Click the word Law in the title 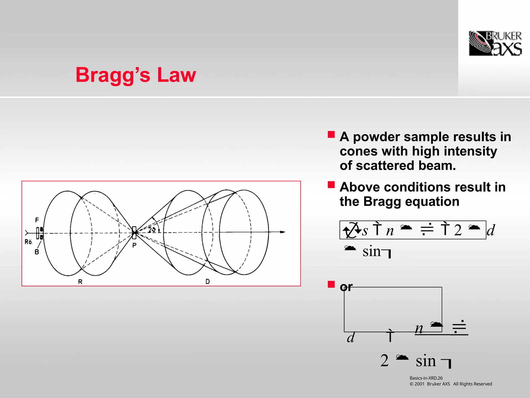click(x=176, y=75)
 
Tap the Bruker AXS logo click(x=495, y=43)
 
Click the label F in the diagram click(x=37, y=220)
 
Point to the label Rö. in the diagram click(x=28, y=242)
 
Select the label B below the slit click(x=37, y=252)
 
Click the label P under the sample click(x=134, y=245)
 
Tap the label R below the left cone click(x=80, y=282)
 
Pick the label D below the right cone click(x=208, y=281)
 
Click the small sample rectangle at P click(x=134, y=232)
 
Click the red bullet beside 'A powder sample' click(x=331, y=134)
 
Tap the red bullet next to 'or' click(x=331, y=284)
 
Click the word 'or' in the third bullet click(x=346, y=287)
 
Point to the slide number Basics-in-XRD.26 click(x=426, y=378)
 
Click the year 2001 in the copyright click(x=419, y=384)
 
